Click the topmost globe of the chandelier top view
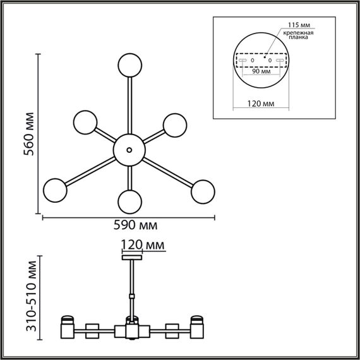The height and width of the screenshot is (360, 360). tap(129, 65)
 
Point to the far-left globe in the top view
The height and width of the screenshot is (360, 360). tap(55, 188)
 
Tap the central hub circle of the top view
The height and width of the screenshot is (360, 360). tap(129, 149)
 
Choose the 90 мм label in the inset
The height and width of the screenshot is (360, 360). tap(261, 71)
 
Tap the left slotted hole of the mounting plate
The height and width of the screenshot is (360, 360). tap(241, 60)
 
